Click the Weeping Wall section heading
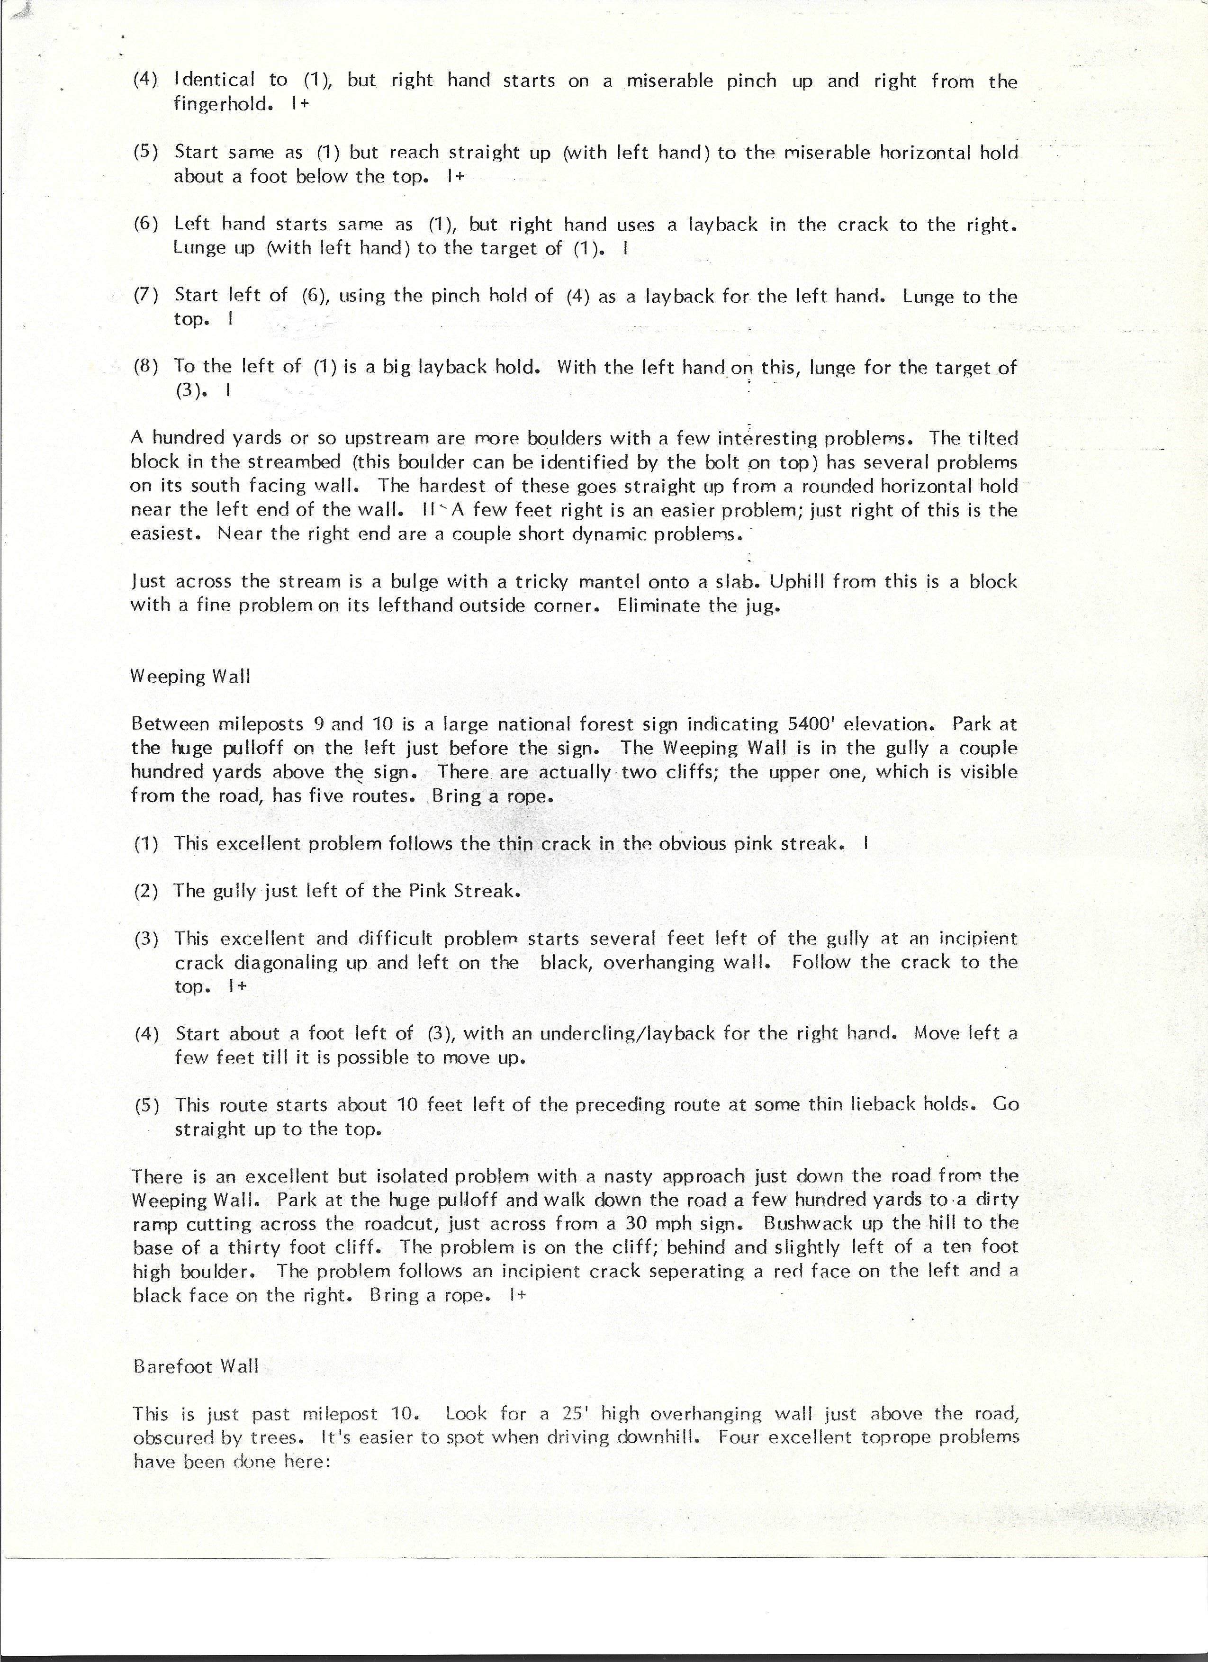(x=190, y=677)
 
